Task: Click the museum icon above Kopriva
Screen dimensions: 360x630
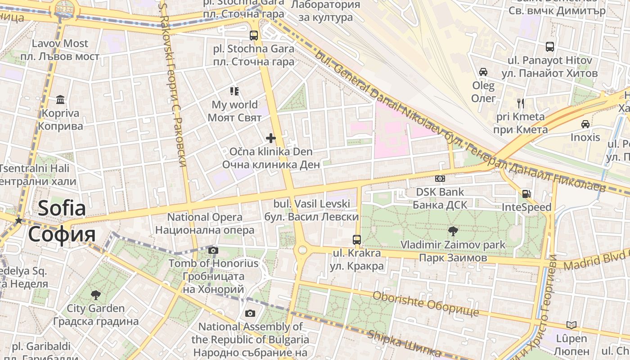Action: (x=60, y=99)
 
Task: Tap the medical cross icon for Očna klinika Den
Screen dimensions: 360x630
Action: (x=270, y=138)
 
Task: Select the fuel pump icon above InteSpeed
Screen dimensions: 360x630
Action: (x=526, y=194)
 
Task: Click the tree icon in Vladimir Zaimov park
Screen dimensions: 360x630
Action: (x=453, y=231)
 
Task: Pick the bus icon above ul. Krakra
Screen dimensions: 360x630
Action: (x=357, y=239)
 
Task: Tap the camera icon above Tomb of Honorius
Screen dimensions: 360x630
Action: (x=213, y=250)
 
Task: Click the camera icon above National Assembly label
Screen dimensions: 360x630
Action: (x=250, y=313)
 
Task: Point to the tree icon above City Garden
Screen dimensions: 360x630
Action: (x=95, y=295)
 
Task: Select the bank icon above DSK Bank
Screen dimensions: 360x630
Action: (x=440, y=179)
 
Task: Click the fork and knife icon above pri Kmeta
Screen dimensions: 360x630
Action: (x=521, y=103)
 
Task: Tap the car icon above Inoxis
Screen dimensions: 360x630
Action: (x=585, y=124)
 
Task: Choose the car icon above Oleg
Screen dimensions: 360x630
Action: (x=483, y=72)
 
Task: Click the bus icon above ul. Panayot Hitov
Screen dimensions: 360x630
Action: (x=549, y=47)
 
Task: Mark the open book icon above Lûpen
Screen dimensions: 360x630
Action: (x=571, y=325)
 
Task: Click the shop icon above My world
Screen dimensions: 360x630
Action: (x=234, y=91)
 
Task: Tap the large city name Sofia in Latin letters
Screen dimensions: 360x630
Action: (x=62, y=208)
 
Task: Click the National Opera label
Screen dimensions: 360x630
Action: (x=205, y=217)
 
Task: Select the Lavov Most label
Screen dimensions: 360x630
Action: (x=60, y=44)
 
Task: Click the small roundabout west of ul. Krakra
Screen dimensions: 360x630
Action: (x=302, y=250)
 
